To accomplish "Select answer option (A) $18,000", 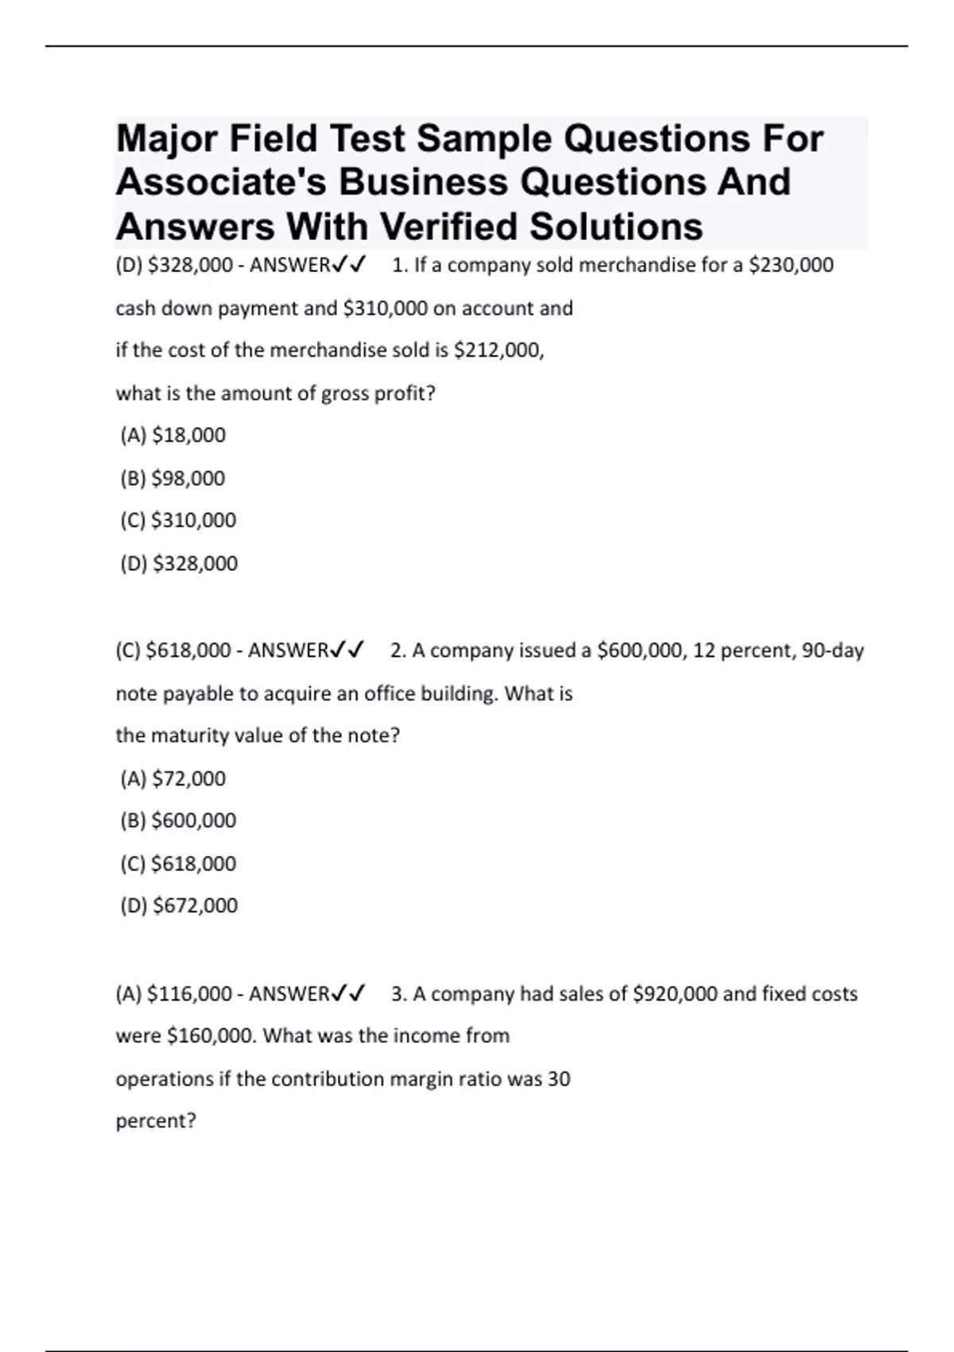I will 173,435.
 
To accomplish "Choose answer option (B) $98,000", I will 173,478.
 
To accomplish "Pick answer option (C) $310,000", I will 178,520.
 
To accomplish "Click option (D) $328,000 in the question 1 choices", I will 179,563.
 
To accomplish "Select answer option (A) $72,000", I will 173,778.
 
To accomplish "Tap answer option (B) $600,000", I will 178,820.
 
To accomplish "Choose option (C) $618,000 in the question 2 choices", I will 178,863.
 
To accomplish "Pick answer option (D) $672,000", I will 179,905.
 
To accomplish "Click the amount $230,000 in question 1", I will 791,265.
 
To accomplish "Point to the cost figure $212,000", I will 498,350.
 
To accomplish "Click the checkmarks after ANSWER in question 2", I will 347,651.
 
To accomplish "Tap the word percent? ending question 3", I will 156,1121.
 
